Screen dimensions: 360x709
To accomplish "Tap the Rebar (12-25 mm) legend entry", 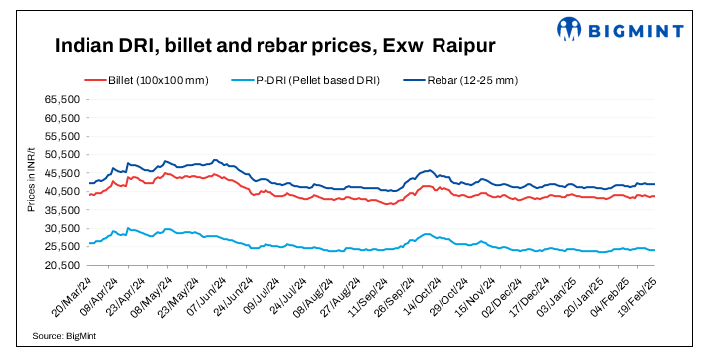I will pyautogui.click(x=478, y=79).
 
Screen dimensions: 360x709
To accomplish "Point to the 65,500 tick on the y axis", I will pyautogui.click(x=63, y=100).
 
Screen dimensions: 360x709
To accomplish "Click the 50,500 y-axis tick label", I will pyautogui.click(x=63, y=155).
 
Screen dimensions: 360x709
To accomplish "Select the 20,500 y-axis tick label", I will pyautogui.click(x=63, y=265).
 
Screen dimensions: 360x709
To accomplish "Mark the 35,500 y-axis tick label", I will pyautogui.click(x=63, y=210).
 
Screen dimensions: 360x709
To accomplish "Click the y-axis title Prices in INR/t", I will pyautogui.click(x=31, y=182).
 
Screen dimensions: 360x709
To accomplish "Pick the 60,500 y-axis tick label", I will pyautogui.click(x=63, y=118).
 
